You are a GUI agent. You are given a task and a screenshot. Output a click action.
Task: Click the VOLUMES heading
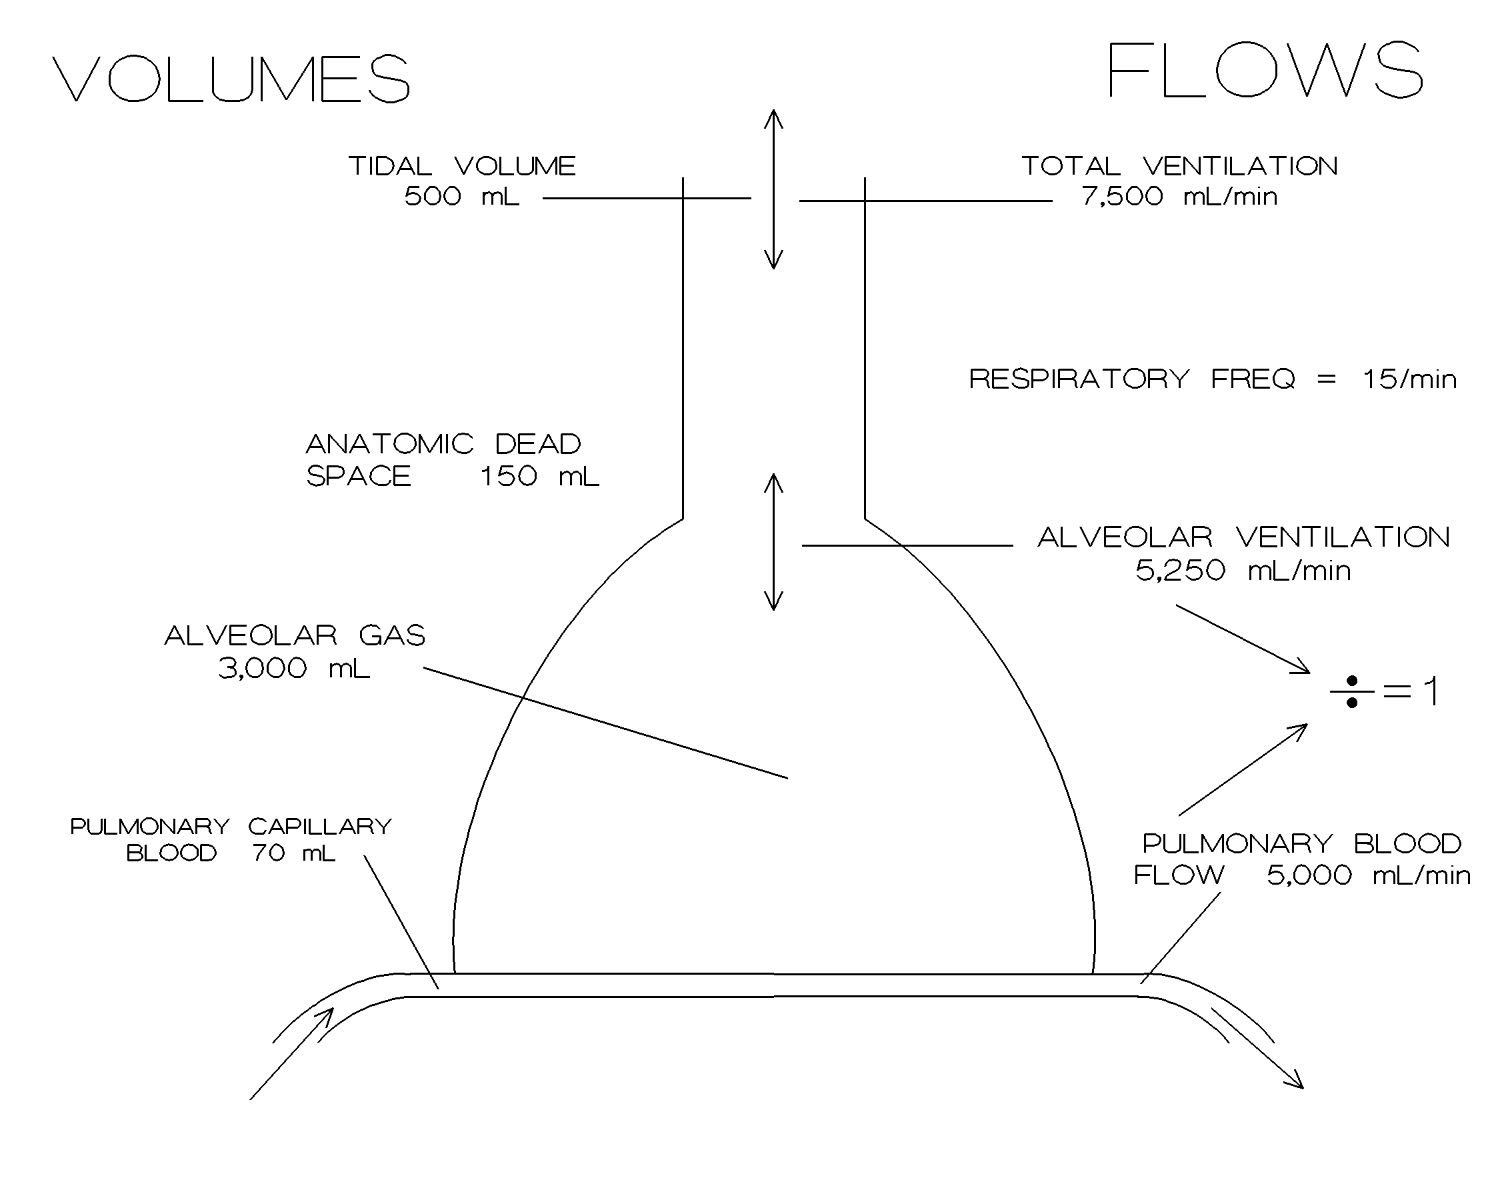tap(231, 78)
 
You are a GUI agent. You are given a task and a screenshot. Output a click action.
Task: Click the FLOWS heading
tap(1264, 70)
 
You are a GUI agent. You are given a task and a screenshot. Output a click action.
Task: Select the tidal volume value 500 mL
tap(462, 197)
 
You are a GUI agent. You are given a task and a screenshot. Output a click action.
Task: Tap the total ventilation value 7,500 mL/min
tap(1179, 197)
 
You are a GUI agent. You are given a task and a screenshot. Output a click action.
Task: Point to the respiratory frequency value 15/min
tap(1409, 379)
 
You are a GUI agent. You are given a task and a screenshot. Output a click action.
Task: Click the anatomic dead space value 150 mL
tap(539, 477)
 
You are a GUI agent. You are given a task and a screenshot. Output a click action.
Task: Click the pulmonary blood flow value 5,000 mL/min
tap(1368, 875)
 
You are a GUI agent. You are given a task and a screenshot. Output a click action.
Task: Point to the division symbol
tap(1351, 691)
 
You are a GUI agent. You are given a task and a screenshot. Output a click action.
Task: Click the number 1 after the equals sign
tap(1431, 691)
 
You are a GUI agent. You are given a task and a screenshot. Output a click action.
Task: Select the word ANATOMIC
tap(389, 444)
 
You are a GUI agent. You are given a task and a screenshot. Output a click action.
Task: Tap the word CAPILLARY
tap(319, 827)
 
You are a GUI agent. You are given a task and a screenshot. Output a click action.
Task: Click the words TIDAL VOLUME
tap(462, 166)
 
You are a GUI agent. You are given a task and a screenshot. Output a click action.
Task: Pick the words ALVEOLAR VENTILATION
tap(1243, 537)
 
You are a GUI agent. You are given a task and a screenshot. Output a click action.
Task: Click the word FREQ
tap(1252, 379)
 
